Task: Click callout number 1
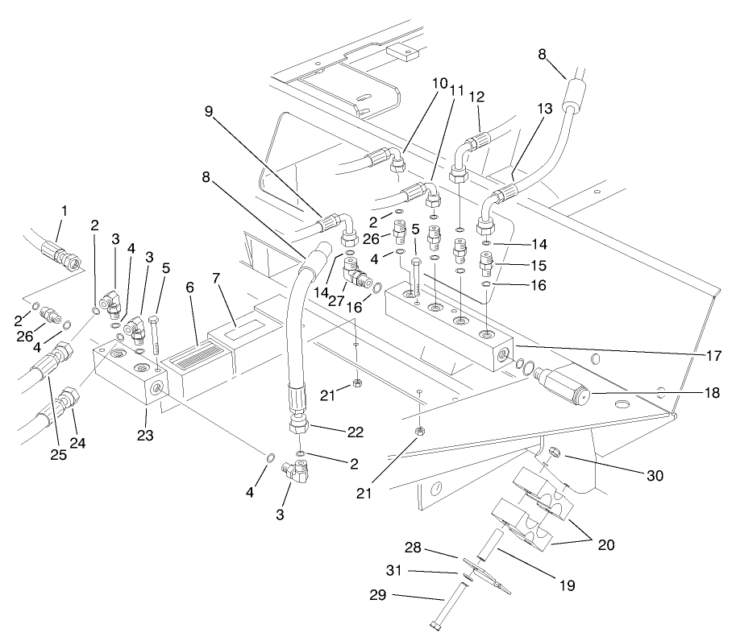(64, 211)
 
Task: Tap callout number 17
(713, 354)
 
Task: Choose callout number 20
(605, 544)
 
